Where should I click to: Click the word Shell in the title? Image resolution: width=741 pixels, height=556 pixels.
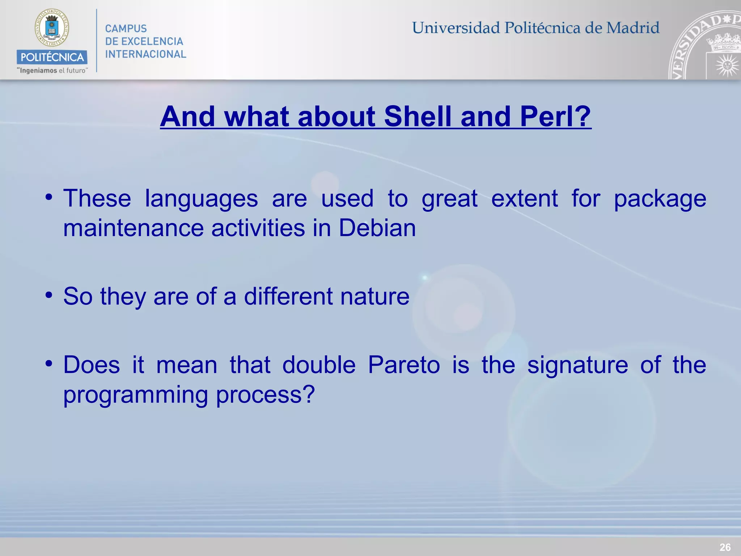tap(418, 117)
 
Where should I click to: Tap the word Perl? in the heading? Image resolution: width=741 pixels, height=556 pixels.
tap(555, 117)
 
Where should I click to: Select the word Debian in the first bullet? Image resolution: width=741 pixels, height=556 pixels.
tap(377, 228)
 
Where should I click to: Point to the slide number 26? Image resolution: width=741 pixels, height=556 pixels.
tap(725, 547)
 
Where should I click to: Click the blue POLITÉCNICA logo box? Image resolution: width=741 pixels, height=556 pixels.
tap(52, 57)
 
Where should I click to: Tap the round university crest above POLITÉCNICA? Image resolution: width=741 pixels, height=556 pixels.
tap(52, 28)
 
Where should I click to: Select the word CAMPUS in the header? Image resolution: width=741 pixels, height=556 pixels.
tap(126, 29)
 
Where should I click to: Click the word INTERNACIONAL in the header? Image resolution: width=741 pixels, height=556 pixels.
tap(145, 54)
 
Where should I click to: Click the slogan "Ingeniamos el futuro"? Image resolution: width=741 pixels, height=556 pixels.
tap(52, 71)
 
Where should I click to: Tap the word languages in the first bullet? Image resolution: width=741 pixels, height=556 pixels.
tap(201, 199)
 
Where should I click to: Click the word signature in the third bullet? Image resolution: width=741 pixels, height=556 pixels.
tap(577, 365)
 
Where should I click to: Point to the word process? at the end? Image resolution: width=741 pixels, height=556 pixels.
tap(266, 395)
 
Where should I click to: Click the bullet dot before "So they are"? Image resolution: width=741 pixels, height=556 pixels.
tap(49, 295)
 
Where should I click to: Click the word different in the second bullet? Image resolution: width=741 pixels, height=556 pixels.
tap(288, 296)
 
